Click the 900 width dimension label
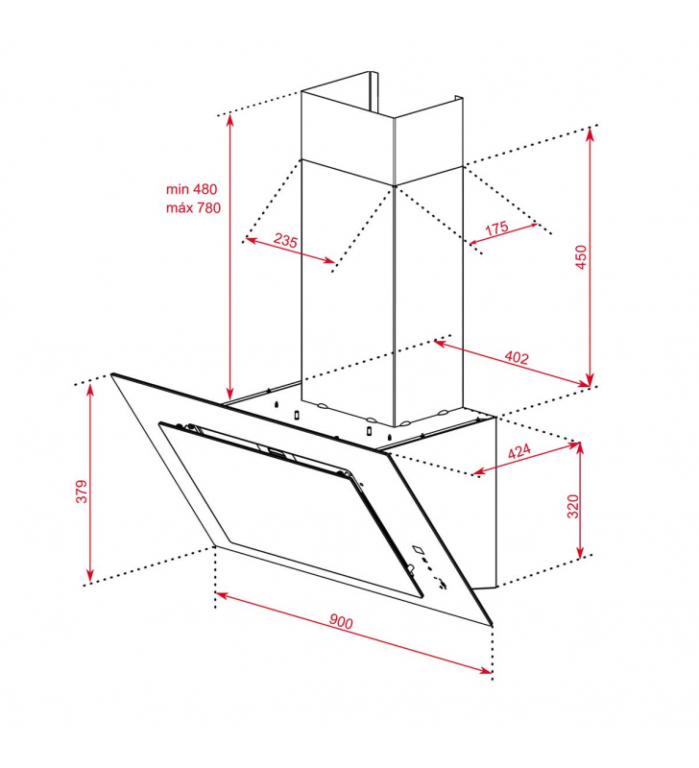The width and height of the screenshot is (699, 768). (341, 621)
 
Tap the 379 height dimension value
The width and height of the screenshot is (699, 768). (82, 492)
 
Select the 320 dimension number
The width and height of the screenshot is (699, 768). (572, 507)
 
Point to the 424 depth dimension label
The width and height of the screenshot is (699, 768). (518, 451)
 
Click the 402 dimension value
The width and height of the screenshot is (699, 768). (517, 357)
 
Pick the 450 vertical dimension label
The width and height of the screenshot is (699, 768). (581, 257)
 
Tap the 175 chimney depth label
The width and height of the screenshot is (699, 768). (496, 228)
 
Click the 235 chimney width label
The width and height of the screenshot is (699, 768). (285, 240)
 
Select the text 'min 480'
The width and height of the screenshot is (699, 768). (191, 189)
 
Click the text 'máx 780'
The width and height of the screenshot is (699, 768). (194, 207)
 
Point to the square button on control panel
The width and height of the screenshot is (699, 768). (418, 549)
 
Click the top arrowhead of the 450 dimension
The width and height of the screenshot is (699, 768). (591, 132)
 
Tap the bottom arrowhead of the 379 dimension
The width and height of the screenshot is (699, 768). (89, 578)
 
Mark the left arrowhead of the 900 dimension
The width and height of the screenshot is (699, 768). (220, 594)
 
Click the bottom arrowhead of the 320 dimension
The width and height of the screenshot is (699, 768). (580, 554)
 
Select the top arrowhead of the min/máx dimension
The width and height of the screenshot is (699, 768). (229, 118)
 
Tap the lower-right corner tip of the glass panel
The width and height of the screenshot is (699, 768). (492, 625)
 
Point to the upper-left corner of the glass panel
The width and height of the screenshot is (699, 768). (111, 374)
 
